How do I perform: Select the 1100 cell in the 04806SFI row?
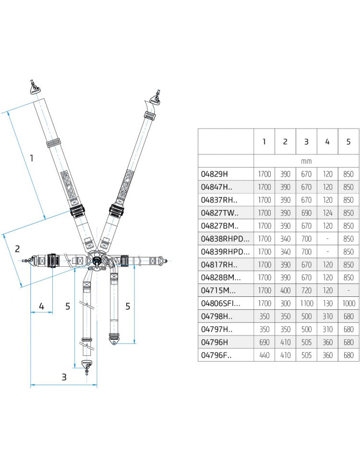(x=306, y=303)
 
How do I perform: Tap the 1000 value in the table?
(x=348, y=303)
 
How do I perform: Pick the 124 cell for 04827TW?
(x=327, y=213)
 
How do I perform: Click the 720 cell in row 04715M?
(x=306, y=290)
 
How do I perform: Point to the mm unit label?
(x=306, y=161)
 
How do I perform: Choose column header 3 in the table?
(x=306, y=141)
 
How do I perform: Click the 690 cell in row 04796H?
(x=264, y=342)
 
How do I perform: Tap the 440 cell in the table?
(x=264, y=355)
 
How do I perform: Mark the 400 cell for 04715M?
(x=285, y=290)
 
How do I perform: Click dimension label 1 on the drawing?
(x=32, y=158)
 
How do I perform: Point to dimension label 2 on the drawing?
(x=17, y=248)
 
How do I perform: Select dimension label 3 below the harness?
(x=64, y=377)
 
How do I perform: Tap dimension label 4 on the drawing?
(x=42, y=305)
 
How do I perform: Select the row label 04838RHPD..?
(x=224, y=238)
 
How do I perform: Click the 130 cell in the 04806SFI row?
(x=327, y=303)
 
